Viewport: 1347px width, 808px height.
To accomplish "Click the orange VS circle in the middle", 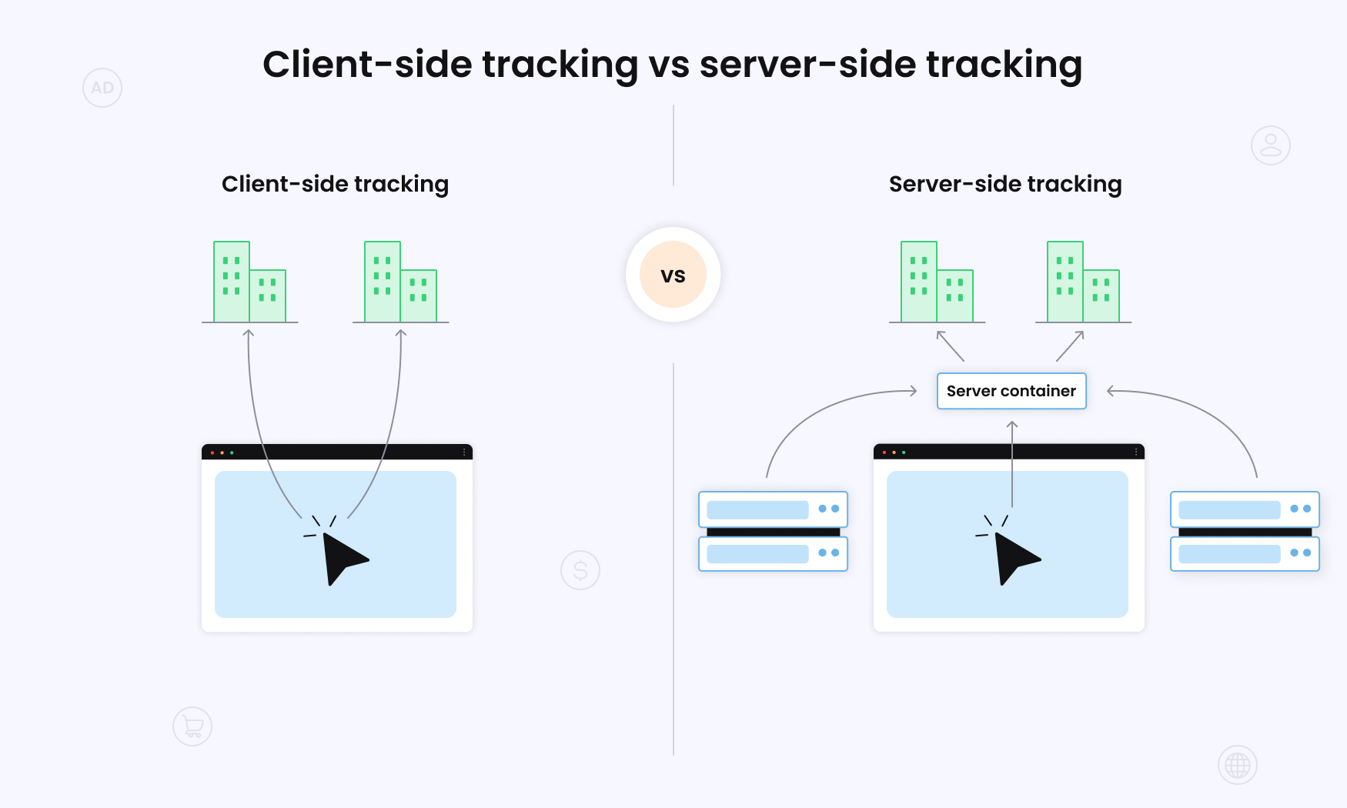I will pos(673,275).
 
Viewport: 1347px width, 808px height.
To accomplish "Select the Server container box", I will pos(1011,391).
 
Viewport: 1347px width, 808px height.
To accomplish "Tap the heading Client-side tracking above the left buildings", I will pos(335,184).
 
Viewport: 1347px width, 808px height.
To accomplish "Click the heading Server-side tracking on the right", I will pos(1004,184).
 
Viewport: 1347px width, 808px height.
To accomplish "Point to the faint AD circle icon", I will pos(102,88).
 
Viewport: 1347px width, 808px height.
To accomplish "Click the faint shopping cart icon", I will pos(192,726).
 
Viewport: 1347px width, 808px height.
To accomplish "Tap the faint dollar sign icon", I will pos(580,570).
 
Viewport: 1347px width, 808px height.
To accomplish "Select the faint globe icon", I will pos(1238,765).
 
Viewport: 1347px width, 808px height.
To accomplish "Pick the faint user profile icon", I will pos(1271,145).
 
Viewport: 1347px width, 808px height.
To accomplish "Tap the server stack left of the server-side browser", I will pos(773,531).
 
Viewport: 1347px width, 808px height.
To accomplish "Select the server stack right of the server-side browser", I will pos(1245,531).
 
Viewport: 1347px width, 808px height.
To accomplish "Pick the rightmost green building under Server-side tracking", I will pos(1084,282).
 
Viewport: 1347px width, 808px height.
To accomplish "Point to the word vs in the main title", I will pos(668,65).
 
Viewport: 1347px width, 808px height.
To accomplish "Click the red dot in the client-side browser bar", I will pos(212,452).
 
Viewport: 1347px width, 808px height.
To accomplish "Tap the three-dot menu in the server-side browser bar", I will pos(1136,452).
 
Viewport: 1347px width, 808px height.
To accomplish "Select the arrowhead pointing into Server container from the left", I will pos(913,391).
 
